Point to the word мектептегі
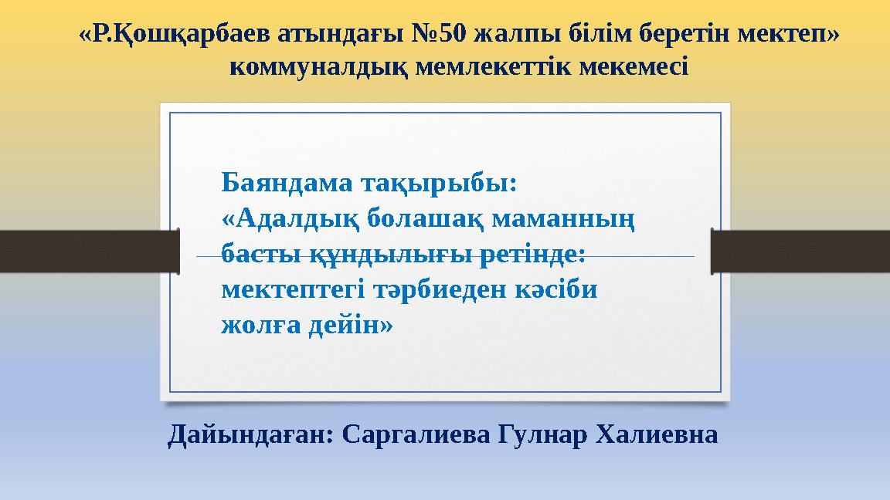(290, 290)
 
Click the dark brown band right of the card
(800, 251)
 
